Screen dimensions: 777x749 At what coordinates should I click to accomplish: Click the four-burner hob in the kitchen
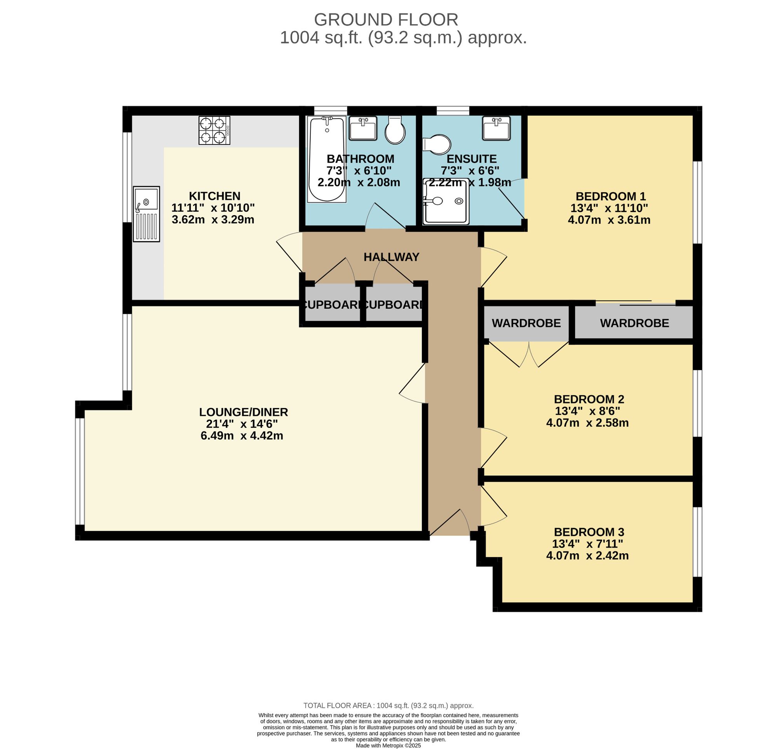[x=214, y=130]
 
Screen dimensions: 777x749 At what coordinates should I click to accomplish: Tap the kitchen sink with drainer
[x=146, y=214]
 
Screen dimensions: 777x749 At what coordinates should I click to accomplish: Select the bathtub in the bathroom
[x=327, y=159]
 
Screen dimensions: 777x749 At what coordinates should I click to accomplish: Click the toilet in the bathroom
[x=395, y=129]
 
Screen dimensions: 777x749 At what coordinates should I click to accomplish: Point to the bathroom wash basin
[x=363, y=128]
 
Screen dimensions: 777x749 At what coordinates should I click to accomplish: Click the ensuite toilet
[x=436, y=145]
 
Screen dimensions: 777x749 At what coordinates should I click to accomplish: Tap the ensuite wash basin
[x=496, y=128]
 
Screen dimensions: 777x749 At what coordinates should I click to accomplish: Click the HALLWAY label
[x=391, y=257]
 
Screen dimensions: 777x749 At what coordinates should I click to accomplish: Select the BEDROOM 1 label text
[x=610, y=196]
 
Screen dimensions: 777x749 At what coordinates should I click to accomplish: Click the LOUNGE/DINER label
[x=244, y=412]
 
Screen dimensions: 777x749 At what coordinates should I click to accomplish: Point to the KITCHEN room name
[x=214, y=196]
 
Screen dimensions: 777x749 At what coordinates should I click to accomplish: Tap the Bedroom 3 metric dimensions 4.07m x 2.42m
[x=587, y=556]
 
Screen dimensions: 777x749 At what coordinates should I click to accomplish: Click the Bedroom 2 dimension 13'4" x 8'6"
[x=587, y=410]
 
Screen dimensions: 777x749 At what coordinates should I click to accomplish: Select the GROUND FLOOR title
[x=386, y=19]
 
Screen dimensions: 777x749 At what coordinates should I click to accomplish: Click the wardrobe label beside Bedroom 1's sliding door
[x=634, y=323]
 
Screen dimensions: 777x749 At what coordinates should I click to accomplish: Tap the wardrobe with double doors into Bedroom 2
[x=526, y=323]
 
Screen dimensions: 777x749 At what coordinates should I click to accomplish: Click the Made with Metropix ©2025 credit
[x=388, y=745]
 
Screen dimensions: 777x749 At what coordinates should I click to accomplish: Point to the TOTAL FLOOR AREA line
[x=388, y=706]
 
